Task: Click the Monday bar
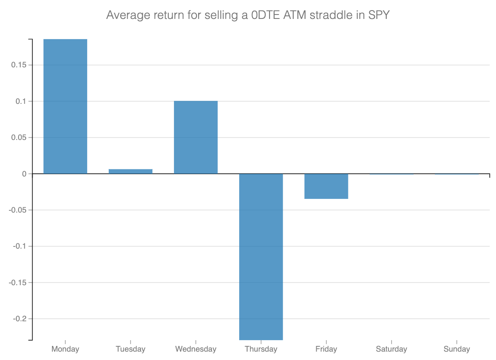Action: tap(65, 106)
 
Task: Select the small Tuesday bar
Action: tap(130, 171)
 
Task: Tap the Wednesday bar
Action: tap(196, 137)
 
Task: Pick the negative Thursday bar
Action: tap(261, 257)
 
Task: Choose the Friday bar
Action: tap(326, 186)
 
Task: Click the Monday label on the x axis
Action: tap(65, 349)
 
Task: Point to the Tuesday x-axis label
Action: tap(130, 349)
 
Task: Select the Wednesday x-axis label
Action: tap(196, 349)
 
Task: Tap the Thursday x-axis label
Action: tap(261, 349)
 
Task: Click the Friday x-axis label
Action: tap(326, 349)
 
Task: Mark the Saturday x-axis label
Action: tap(391, 349)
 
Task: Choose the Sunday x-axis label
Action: tap(456, 349)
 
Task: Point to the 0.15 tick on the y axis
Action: tap(18, 65)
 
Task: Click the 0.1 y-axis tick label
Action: tap(20, 101)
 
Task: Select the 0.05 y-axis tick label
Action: tap(18, 137)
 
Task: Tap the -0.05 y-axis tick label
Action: tap(17, 210)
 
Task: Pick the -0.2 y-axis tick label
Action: tap(19, 319)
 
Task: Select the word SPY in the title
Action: tap(379, 15)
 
